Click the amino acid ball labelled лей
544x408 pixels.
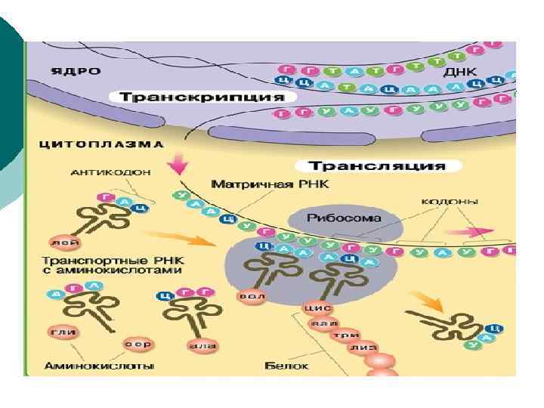tap(61, 242)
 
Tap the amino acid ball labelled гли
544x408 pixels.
tap(58, 332)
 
